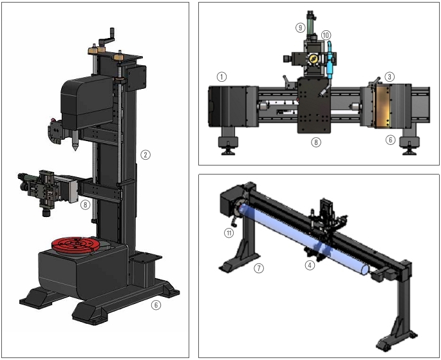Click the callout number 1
coord(221,77)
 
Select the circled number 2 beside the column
coord(145,155)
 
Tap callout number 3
coord(389,77)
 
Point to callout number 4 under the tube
coord(310,265)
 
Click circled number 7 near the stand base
coord(259,268)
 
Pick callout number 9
coord(301,28)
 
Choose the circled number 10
coord(326,35)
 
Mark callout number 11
coord(229,232)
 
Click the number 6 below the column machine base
coord(156,305)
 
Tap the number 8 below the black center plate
coord(316,142)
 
